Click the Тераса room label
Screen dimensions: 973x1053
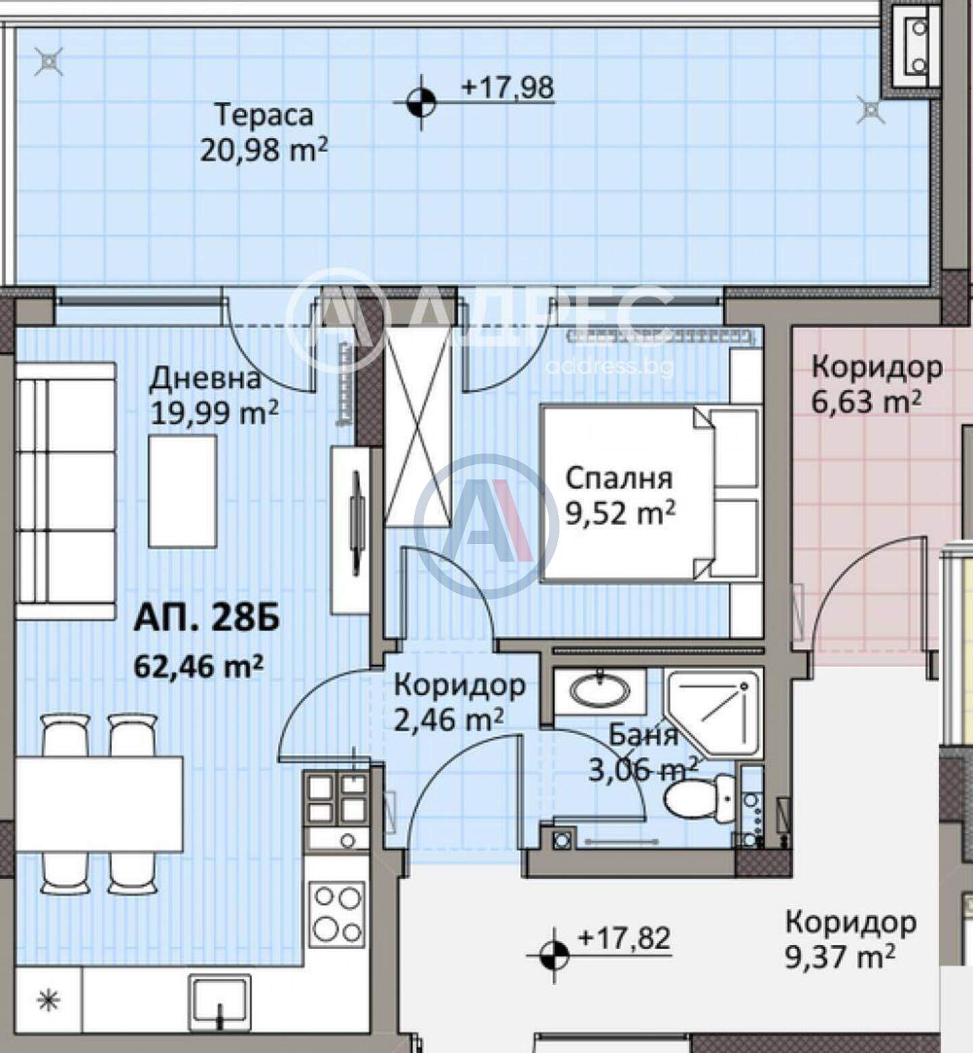click(x=264, y=114)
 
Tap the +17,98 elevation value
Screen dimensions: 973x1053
click(x=507, y=87)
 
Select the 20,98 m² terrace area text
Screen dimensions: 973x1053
click(x=264, y=149)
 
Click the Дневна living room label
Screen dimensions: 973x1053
click(x=205, y=378)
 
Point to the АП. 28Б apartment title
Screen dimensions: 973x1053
click(x=207, y=619)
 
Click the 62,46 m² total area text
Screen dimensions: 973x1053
click(x=199, y=666)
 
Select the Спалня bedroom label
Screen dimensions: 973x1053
click(x=619, y=479)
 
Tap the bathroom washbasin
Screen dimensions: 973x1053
click(x=600, y=691)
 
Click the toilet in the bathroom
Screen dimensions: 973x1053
click(x=698, y=798)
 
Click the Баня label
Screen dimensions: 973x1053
click(x=643, y=735)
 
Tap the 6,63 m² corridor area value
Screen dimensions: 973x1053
click(x=866, y=402)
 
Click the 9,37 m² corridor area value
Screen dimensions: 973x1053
click(x=840, y=957)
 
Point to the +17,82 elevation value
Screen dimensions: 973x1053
click(x=624, y=938)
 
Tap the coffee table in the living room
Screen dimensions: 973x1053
click(x=182, y=491)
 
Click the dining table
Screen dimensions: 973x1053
click(x=99, y=804)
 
